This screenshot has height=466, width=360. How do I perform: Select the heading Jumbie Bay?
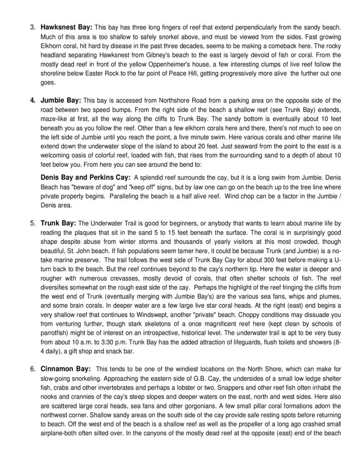(x=61, y=100)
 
